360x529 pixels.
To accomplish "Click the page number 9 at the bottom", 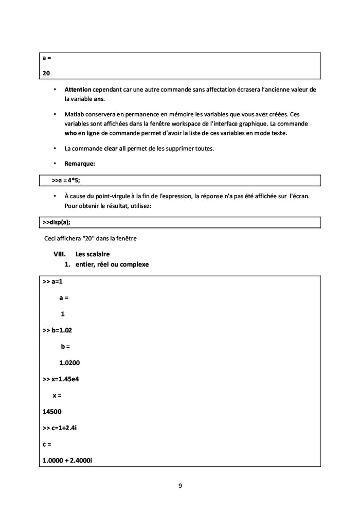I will coord(180,485).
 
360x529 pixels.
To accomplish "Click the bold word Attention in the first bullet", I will coord(78,90).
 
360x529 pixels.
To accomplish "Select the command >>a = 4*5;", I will coord(66,181).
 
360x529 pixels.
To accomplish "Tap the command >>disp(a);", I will coord(57,222).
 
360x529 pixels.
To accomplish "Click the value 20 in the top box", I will coord(46,74).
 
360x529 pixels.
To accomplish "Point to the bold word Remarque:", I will coord(80,164).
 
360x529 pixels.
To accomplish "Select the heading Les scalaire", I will coord(93,254).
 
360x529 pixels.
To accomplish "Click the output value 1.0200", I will coord(69,362).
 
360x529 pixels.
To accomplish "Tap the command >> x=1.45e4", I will coord(61,379).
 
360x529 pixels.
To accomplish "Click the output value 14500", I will coord(53,412).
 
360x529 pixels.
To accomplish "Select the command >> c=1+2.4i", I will coord(60,428).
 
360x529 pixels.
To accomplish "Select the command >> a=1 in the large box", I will coord(52,281).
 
